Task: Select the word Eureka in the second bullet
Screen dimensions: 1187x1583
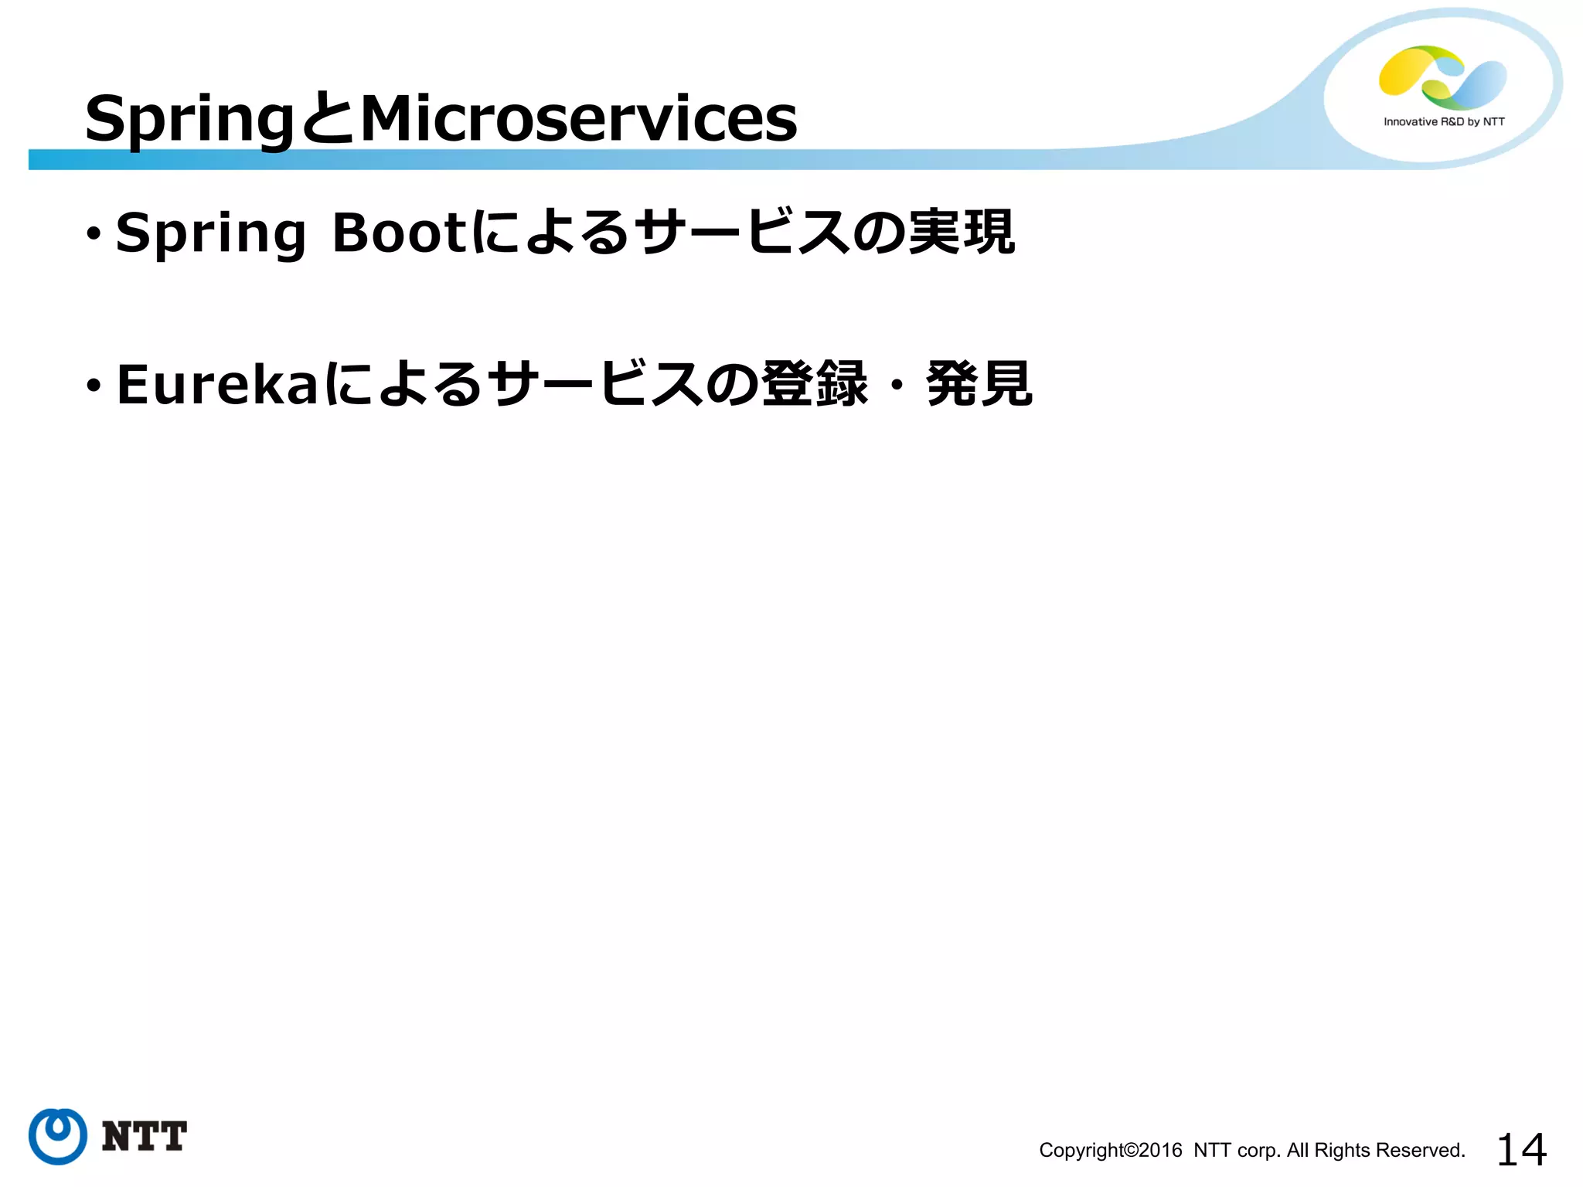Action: (x=216, y=384)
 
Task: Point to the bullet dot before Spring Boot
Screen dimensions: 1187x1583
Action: (x=94, y=233)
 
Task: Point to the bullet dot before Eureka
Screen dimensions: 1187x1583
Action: (x=94, y=385)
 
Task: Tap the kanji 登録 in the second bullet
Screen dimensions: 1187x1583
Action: (x=815, y=384)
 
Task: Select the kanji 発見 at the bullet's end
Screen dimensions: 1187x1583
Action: (x=979, y=384)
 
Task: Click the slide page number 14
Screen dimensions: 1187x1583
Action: (x=1521, y=1150)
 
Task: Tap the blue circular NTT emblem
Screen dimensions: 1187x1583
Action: (x=58, y=1136)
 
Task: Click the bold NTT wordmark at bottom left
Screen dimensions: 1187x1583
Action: (x=145, y=1136)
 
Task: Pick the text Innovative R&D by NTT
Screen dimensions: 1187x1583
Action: (x=1444, y=121)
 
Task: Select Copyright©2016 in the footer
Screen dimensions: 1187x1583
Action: (x=1110, y=1151)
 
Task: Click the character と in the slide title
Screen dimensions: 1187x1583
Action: (x=328, y=120)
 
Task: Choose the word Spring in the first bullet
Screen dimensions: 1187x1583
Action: (x=210, y=233)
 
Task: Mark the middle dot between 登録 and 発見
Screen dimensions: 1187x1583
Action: (x=897, y=384)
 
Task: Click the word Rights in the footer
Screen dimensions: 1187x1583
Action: (x=1342, y=1151)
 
